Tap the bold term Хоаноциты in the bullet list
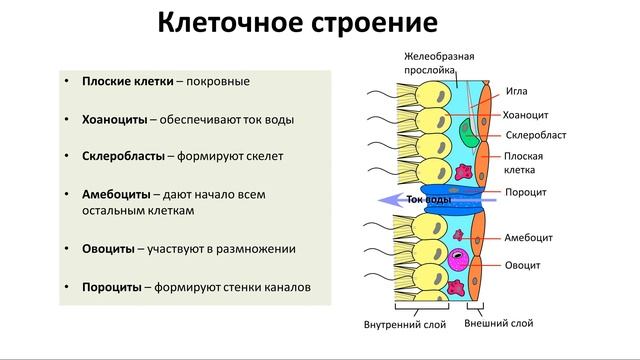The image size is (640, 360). pos(114,119)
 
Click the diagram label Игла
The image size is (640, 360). pos(517,91)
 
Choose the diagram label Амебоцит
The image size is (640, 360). pos(529,238)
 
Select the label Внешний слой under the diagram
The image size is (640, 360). pos(499,324)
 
